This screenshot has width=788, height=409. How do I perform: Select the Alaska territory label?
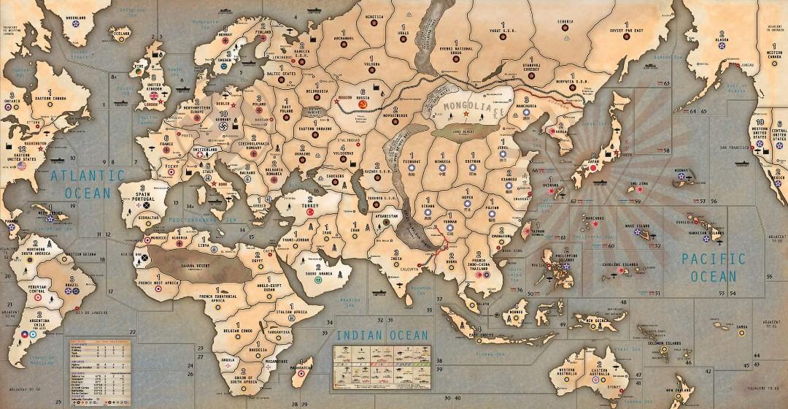click(722, 41)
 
